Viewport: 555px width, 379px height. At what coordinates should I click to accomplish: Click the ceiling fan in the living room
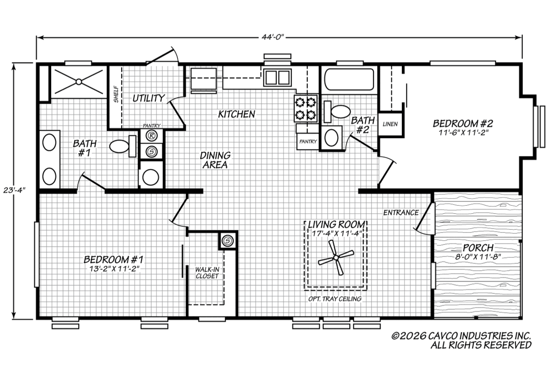coord(335,258)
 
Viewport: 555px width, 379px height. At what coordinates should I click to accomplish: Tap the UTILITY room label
coord(149,98)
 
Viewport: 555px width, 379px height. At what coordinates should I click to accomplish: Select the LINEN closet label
coord(390,124)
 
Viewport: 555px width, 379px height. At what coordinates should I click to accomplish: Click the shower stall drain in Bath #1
coord(79,82)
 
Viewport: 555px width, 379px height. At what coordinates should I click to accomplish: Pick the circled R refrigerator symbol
coord(152,136)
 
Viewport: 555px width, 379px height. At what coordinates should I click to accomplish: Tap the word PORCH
coord(478,248)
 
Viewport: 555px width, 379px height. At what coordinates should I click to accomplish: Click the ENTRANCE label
coord(401,213)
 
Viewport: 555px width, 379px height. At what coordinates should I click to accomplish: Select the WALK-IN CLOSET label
coord(207,273)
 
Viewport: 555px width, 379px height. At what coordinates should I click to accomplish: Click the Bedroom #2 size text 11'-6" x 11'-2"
coord(463,133)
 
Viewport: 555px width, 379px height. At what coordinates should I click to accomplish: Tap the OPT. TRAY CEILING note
coord(335,299)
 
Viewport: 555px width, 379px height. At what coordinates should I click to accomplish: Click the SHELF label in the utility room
coord(116,94)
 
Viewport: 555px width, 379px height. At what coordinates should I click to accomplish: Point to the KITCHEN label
coord(236,114)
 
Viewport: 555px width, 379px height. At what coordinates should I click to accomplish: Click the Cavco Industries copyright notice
coord(462,340)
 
